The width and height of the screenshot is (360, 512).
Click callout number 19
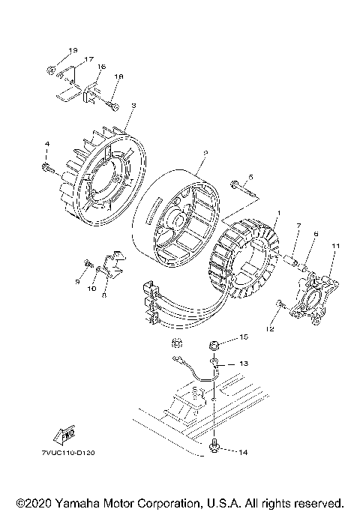tap(73, 50)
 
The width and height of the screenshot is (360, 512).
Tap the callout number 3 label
tap(132, 107)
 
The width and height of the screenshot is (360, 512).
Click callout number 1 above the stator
tap(277, 214)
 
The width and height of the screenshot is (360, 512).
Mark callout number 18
tap(118, 76)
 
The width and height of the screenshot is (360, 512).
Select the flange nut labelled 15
tap(213, 346)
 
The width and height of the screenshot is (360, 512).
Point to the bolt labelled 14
tap(216, 448)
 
